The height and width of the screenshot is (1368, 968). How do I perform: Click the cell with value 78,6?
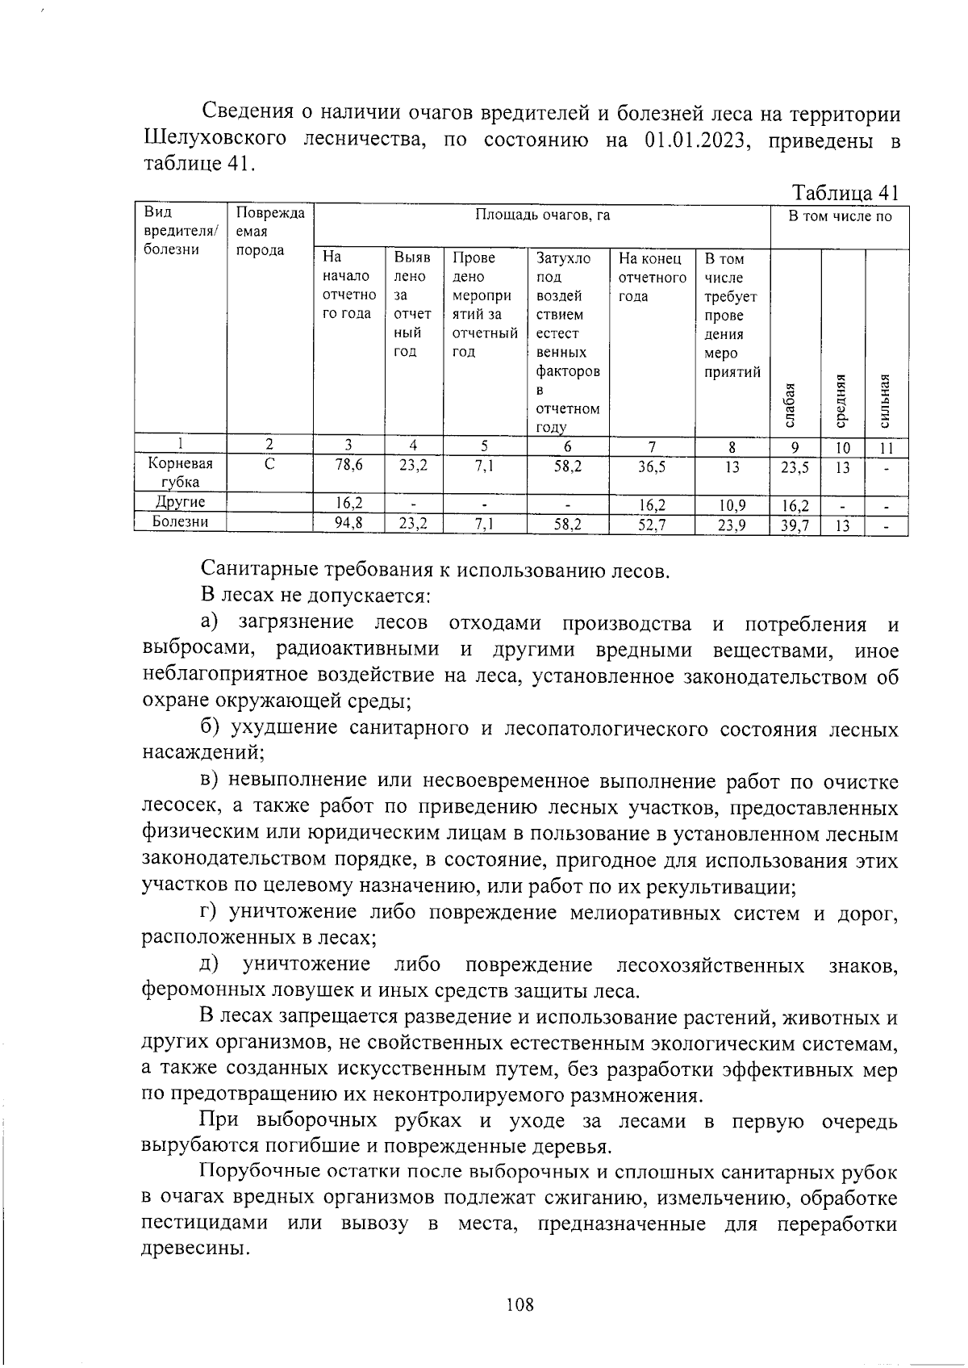pyautogui.click(x=348, y=466)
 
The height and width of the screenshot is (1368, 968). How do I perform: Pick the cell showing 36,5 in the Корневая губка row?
pyautogui.click(x=651, y=466)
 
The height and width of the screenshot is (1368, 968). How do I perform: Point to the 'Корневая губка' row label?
pyautogui.click(x=180, y=473)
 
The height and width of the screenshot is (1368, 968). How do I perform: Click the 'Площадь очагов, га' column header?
pyautogui.click(x=541, y=215)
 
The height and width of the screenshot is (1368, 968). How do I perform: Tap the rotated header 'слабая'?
pyautogui.click(x=791, y=404)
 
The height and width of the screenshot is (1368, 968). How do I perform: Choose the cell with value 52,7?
pyautogui.click(x=651, y=525)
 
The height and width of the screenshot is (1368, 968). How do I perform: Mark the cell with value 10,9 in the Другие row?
pyautogui.click(x=732, y=506)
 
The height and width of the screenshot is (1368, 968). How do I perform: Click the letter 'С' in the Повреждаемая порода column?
pyautogui.click(x=269, y=465)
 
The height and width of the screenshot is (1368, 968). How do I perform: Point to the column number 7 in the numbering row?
pyautogui.click(x=651, y=446)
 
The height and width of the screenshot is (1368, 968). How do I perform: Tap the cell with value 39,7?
pyautogui.click(x=795, y=525)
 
